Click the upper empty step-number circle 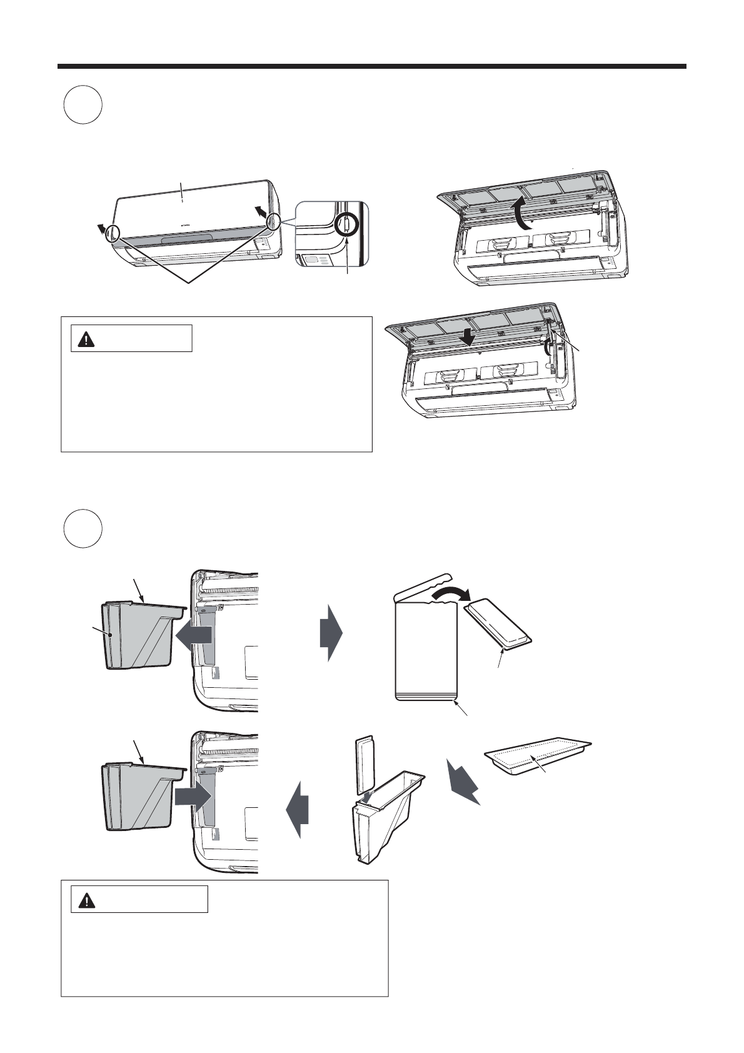[x=83, y=105]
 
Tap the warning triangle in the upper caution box [x=85, y=339]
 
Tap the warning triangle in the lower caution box [x=85, y=900]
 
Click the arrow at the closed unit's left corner [x=98, y=228]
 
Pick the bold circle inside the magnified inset [x=344, y=223]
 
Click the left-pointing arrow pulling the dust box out [x=194, y=635]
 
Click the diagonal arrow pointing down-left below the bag [x=463, y=782]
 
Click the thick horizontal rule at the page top [x=372, y=66]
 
